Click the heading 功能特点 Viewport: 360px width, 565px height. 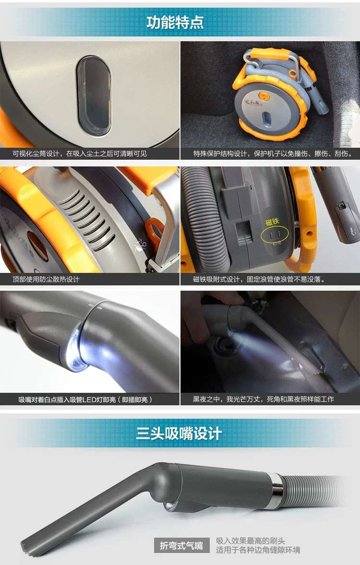(x=175, y=23)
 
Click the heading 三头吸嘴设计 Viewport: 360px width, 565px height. (x=179, y=433)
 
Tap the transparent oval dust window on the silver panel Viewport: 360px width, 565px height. (x=94, y=96)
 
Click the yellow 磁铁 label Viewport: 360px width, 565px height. (x=272, y=222)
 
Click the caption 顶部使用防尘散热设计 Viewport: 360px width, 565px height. (x=46, y=279)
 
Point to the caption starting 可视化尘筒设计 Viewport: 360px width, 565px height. (x=80, y=154)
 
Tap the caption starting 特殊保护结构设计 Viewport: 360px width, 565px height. (x=273, y=154)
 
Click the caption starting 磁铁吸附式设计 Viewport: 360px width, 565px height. (x=259, y=279)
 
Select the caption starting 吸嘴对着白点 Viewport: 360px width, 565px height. (x=85, y=400)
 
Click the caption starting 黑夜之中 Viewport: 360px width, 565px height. (x=264, y=399)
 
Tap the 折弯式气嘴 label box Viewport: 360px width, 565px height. (x=181, y=546)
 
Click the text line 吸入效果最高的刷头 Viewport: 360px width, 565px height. (x=251, y=541)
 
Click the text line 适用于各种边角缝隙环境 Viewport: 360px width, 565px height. (x=258, y=550)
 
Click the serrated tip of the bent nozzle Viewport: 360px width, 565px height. (x=27, y=547)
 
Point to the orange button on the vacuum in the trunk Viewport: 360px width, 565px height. (x=265, y=97)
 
